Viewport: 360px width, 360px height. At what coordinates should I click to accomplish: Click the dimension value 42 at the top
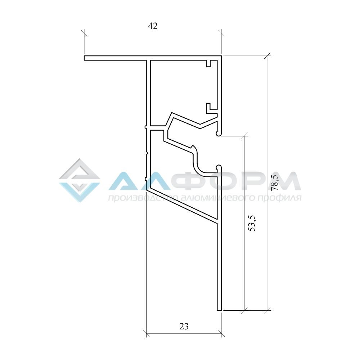pos(153,26)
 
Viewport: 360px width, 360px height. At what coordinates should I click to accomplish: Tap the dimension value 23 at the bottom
pos(184,326)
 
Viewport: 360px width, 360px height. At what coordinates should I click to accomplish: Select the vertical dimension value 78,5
pos(275,183)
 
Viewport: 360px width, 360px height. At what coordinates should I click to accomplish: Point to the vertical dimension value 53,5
pos(252,223)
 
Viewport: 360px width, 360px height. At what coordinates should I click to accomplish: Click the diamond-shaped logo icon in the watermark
pos(80,180)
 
